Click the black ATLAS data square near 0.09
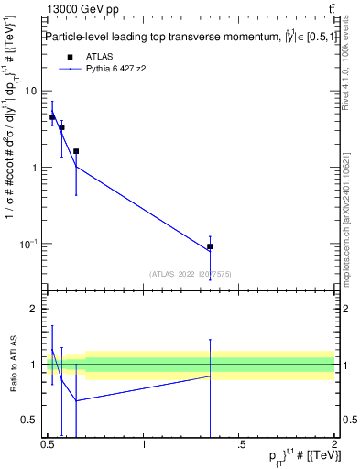point(210,246)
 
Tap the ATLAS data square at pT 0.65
point(76,151)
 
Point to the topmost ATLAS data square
point(52,117)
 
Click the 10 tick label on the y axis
point(33,91)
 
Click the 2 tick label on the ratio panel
point(34,309)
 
